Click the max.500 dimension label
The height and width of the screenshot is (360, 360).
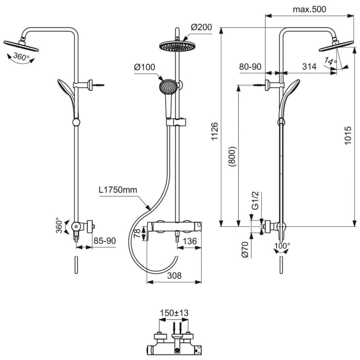309,9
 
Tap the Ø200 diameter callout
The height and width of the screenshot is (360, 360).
202,27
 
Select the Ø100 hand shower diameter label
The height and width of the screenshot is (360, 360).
145,67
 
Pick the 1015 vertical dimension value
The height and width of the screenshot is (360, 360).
348,136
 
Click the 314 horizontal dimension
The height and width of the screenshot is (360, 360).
309,66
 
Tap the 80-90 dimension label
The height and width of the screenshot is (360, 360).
250,66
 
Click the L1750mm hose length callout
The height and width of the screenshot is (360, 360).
118,190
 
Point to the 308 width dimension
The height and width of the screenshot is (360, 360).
175,276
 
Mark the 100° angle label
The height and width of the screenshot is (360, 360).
282,245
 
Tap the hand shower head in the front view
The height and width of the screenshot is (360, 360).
168,86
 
